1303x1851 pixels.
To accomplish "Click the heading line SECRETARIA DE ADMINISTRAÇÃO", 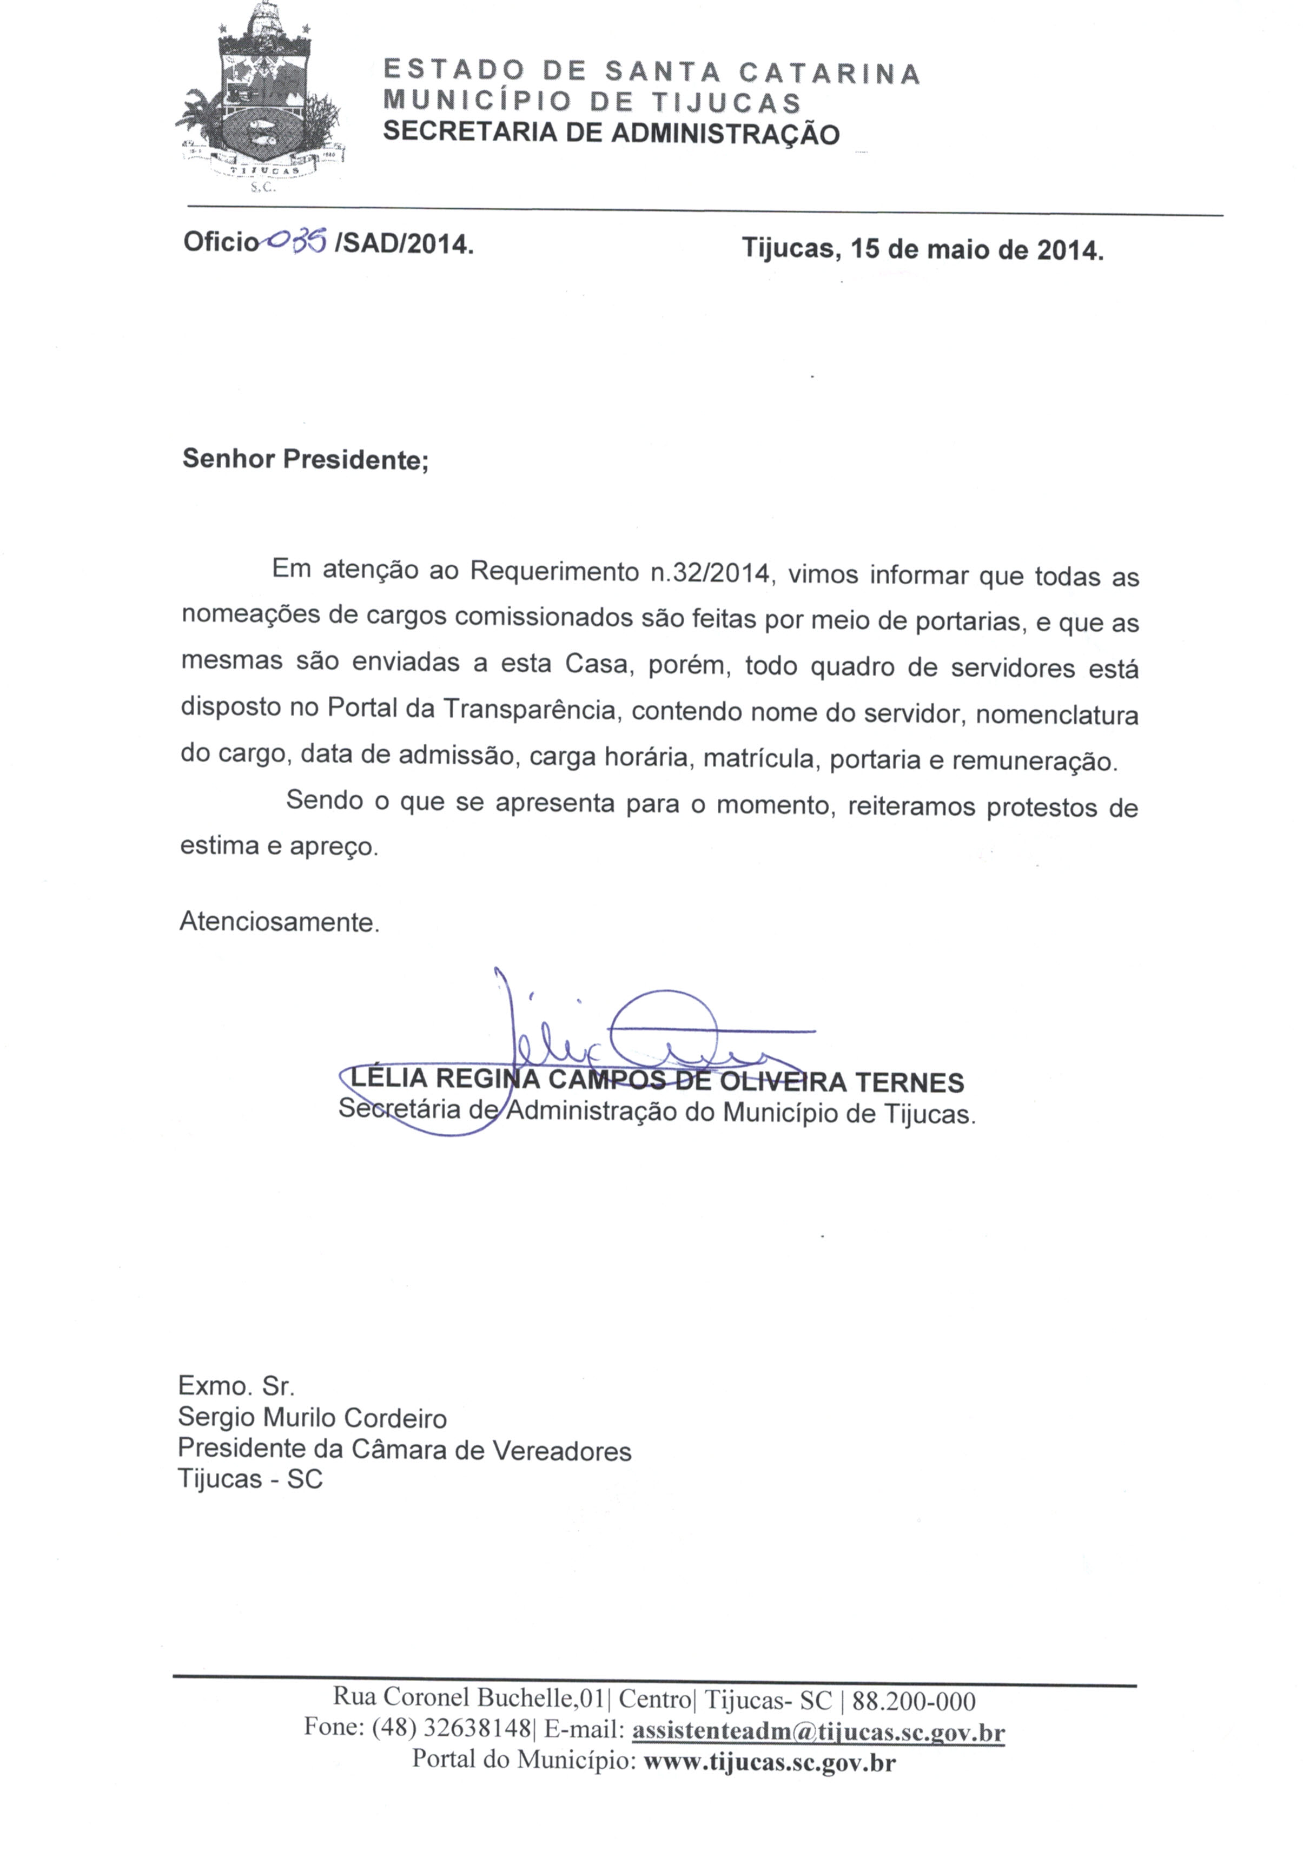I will click(x=610, y=133).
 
